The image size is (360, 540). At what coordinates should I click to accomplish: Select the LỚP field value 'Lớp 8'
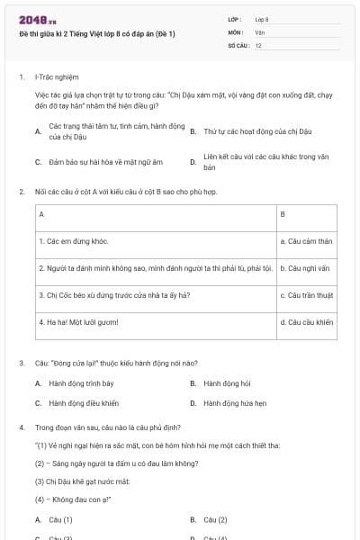pyautogui.click(x=262, y=18)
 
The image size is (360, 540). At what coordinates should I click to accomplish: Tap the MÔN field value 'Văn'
pyautogui.click(x=260, y=31)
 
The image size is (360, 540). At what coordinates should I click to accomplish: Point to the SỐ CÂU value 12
pyautogui.click(x=258, y=45)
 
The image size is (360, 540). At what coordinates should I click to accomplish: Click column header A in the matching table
pyautogui.click(x=41, y=214)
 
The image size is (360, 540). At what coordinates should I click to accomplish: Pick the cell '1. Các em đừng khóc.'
pyautogui.click(x=74, y=241)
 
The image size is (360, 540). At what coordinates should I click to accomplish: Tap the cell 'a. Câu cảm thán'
pyautogui.click(x=306, y=241)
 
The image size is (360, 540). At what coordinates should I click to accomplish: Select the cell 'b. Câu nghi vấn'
pyautogui.click(x=306, y=268)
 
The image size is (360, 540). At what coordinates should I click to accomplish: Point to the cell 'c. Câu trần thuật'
pyautogui.click(x=306, y=295)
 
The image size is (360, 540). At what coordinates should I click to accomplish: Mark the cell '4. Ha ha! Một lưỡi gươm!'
pyautogui.click(x=79, y=322)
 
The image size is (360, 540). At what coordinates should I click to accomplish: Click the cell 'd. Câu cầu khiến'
pyautogui.click(x=306, y=322)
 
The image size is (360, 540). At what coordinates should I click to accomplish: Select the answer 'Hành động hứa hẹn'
pyautogui.click(x=235, y=403)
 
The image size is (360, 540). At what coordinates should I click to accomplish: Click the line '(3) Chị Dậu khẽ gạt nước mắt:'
pyautogui.click(x=83, y=481)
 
